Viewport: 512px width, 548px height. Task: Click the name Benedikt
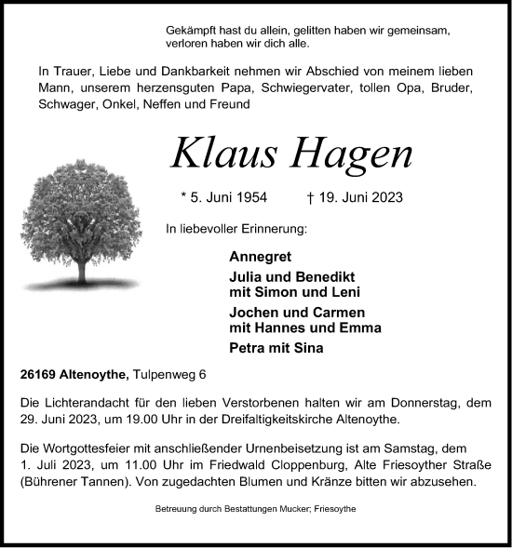[324, 278]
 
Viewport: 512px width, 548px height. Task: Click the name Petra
[249, 349]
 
